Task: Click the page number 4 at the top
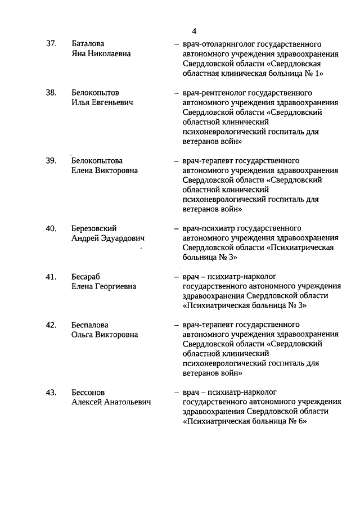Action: [x=193, y=31]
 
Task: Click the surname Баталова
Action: [x=88, y=44]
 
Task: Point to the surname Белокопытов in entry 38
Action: [x=95, y=93]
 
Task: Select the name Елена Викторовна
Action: [x=105, y=170]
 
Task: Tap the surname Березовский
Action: [x=94, y=228]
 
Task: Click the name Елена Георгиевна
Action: [x=104, y=286]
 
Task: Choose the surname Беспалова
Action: [x=90, y=325]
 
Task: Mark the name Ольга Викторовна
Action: [x=105, y=335]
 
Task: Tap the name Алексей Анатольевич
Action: [x=111, y=402]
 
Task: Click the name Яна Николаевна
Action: [x=101, y=53]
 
